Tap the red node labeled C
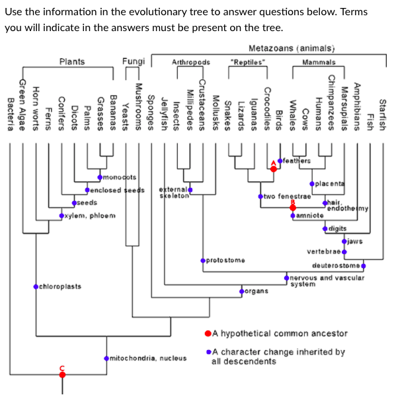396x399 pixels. point(63,375)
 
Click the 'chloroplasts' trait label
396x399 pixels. point(60,287)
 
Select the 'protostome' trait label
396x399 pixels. point(225,260)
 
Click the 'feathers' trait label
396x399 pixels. point(297,161)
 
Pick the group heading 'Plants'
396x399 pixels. point(72,62)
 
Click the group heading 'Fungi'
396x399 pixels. point(134,62)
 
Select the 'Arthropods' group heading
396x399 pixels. point(190,62)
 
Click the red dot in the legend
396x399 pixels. point(208,333)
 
